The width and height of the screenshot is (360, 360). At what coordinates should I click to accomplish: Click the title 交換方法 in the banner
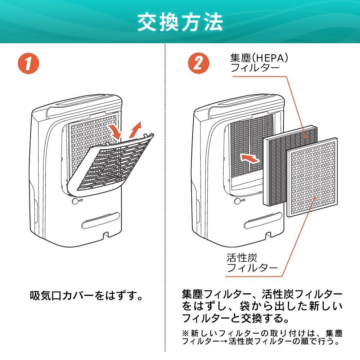[180, 22]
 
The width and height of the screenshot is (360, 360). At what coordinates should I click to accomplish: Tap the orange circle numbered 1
[28, 63]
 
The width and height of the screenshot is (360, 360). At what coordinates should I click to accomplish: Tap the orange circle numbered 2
[198, 63]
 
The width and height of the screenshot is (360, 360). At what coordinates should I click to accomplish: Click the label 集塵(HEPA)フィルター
[259, 63]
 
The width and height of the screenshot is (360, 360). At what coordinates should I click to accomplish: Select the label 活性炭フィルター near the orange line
[252, 263]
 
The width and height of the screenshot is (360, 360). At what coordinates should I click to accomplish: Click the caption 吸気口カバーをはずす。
[86, 296]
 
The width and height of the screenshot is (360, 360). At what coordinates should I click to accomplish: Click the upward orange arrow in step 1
[135, 130]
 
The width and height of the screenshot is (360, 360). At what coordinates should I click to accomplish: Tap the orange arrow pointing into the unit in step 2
[249, 158]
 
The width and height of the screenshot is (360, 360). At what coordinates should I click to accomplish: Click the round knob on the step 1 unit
[75, 201]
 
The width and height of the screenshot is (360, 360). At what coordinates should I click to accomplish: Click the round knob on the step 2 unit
[238, 201]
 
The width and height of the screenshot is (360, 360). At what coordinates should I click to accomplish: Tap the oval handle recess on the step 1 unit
[100, 220]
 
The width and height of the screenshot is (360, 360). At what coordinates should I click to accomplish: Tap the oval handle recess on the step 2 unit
[263, 220]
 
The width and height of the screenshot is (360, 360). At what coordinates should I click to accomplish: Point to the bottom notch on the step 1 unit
[106, 235]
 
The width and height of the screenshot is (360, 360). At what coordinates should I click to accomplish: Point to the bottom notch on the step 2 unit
[268, 235]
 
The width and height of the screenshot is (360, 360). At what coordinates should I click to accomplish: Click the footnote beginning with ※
[262, 337]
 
